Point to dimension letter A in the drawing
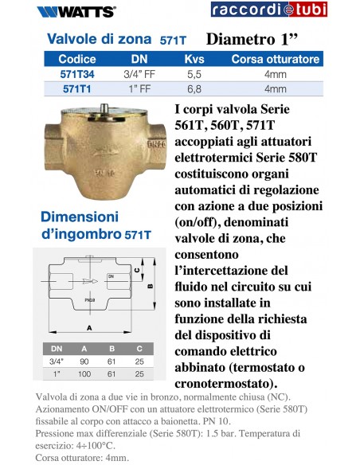point(88,327)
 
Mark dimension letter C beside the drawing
point(138,270)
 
